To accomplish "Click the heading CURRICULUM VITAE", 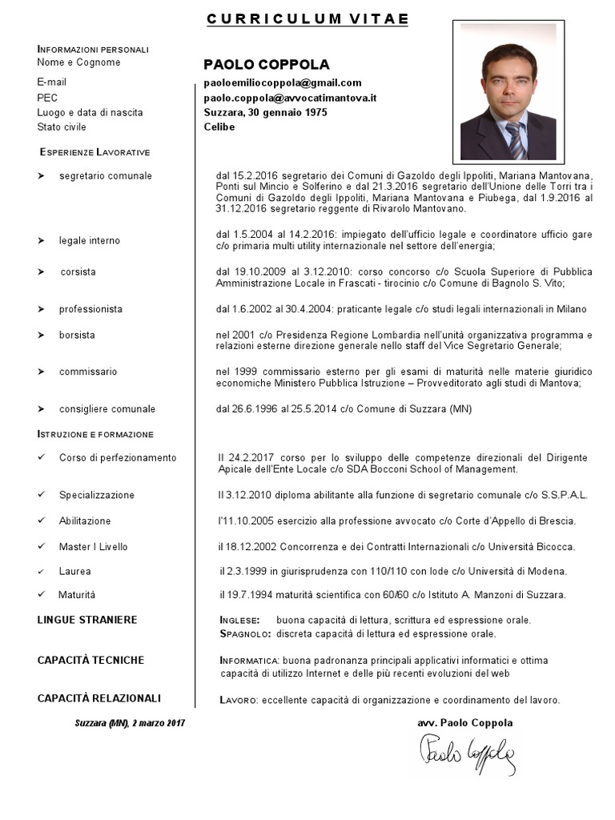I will point(307,19).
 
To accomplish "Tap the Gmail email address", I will point(283,82).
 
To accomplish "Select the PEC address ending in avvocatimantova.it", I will point(290,98).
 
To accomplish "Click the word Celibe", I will point(219,127).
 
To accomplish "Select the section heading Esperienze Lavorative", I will point(94,152).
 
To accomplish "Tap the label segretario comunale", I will point(105,176).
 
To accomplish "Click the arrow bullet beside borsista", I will point(41,335).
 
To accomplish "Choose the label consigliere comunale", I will point(107,409).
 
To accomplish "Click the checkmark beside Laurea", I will point(41,572).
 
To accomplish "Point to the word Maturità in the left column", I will point(77,595).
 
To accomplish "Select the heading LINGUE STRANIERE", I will point(87,620).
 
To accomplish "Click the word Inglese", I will point(239,621).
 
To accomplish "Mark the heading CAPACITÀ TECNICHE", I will point(90,660).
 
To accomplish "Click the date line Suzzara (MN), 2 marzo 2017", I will point(130,723).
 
